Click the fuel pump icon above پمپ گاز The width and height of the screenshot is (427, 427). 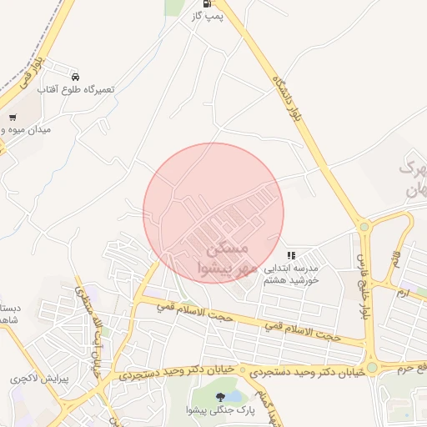pos(198,3)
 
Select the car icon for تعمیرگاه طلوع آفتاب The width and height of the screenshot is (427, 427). pos(76,76)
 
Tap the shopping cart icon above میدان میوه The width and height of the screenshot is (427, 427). pos(12,118)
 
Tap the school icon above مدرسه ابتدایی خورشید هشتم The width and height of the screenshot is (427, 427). pos(290,255)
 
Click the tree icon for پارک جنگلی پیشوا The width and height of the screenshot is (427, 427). pos(220,397)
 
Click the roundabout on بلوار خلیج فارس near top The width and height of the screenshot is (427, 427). pos(364,225)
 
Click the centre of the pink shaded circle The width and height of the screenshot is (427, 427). pos(213,213)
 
